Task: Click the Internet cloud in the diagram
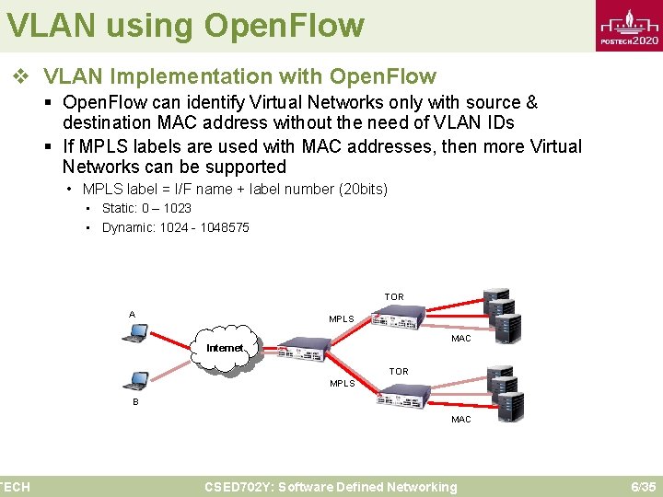tap(227, 348)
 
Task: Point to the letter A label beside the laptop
tap(132, 315)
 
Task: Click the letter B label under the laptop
tap(135, 402)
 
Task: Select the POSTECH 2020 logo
tap(629, 28)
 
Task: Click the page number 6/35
tap(642, 487)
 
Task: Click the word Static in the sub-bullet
tap(119, 208)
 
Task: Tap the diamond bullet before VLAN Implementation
tap(20, 77)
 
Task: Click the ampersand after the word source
tap(530, 102)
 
